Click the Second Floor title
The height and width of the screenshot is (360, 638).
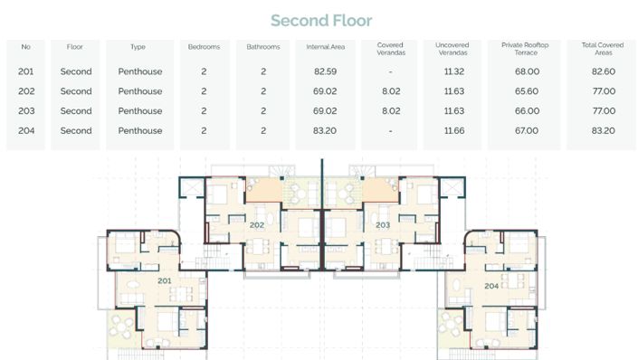pyautogui.click(x=321, y=20)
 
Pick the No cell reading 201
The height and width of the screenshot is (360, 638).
pyautogui.click(x=25, y=71)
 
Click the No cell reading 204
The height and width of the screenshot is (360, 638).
pyautogui.click(x=25, y=131)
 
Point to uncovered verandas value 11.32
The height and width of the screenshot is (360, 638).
pyautogui.click(x=454, y=71)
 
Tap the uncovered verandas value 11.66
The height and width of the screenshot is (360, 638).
pyautogui.click(x=454, y=131)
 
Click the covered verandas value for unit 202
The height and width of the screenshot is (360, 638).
pyautogui.click(x=390, y=91)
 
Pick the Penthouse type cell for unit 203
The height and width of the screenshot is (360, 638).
pyautogui.click(x=139, y=111)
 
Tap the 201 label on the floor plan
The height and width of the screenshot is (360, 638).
pyautogui.click(x=165, y=280)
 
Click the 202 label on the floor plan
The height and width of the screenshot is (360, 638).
pyautogui.click(x=256, y=224)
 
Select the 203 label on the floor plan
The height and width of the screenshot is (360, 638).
pyautogui.click(x=383, y=224)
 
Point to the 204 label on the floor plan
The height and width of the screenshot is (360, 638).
pyautogui.click(x=490, y=285)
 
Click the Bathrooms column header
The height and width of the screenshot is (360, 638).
pyautogui.click(x=263, y=46)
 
